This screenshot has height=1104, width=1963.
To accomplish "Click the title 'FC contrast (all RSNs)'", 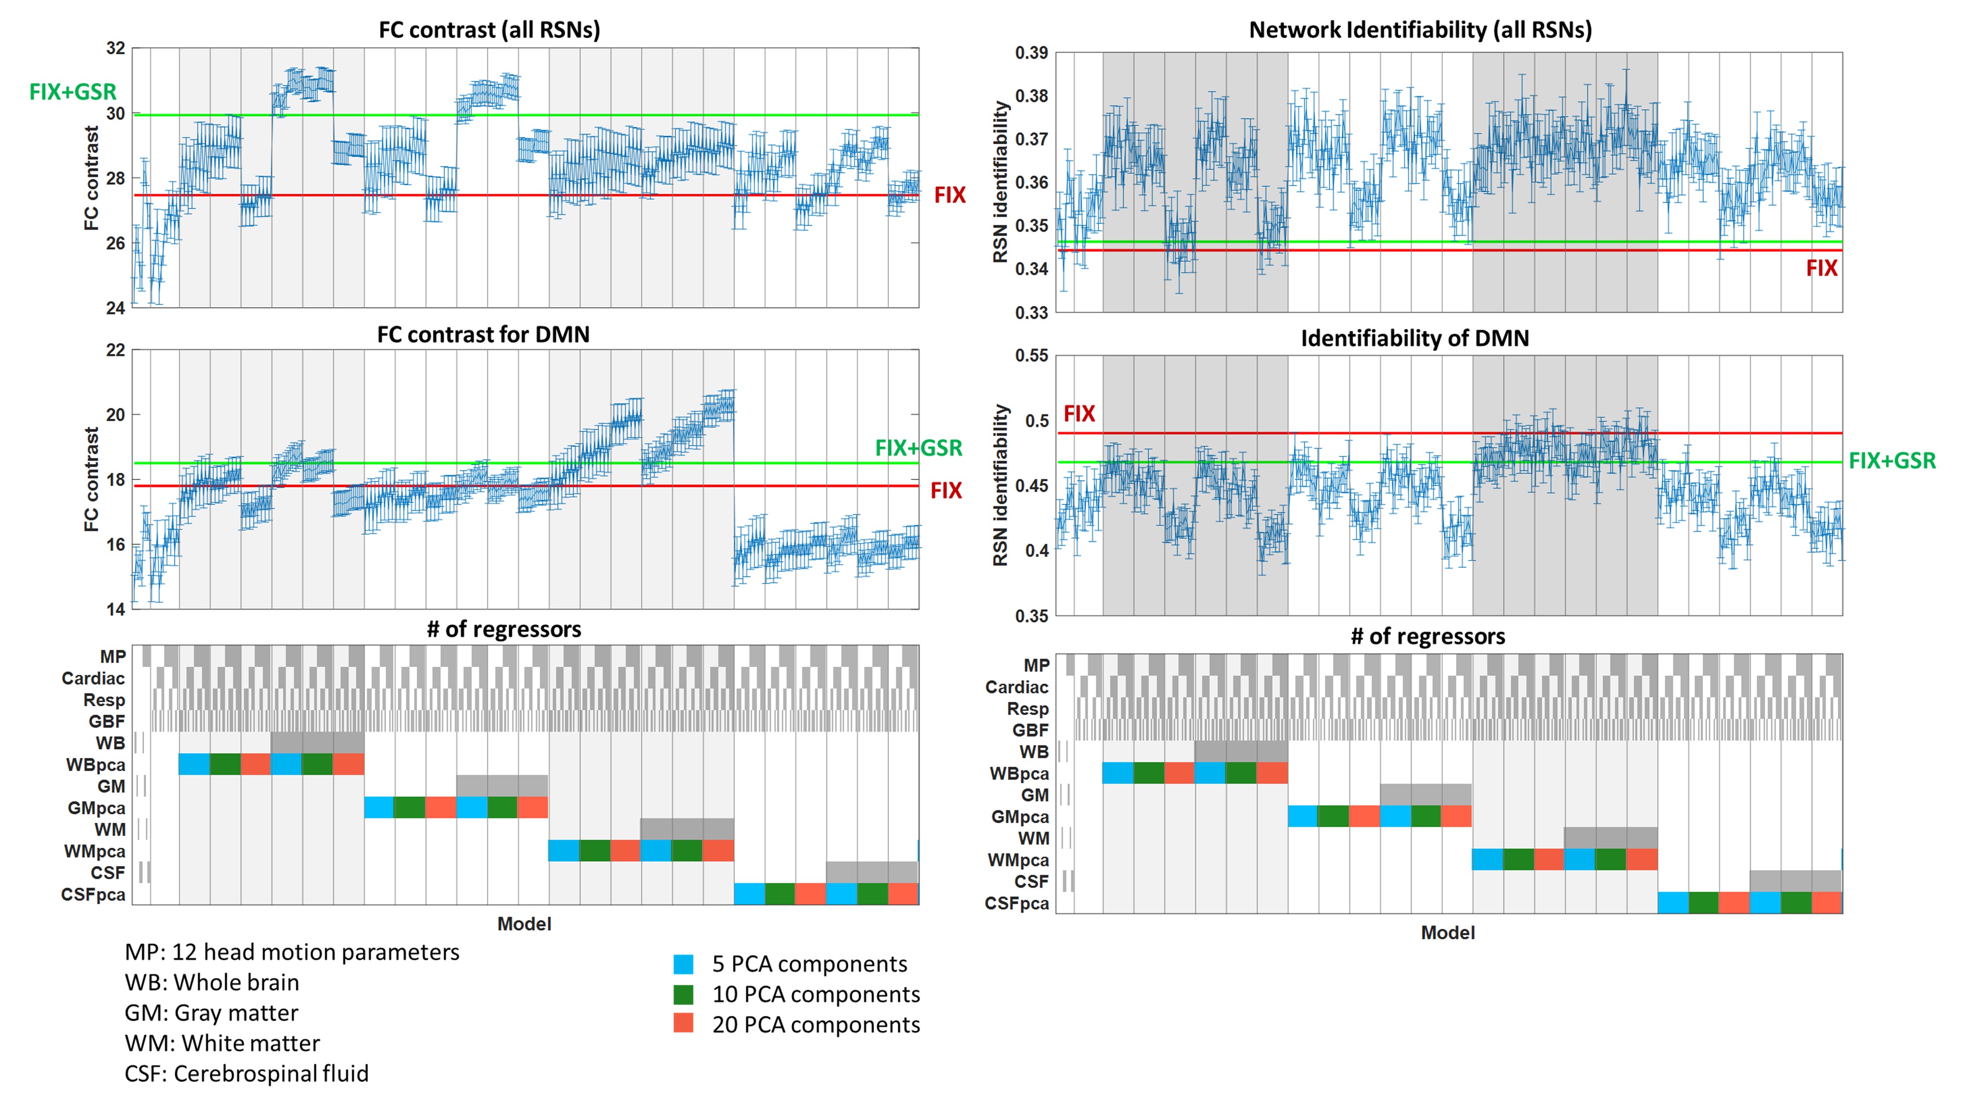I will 489,30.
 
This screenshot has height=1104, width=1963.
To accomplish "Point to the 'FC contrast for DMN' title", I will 483,334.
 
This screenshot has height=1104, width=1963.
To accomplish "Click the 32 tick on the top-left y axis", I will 115,48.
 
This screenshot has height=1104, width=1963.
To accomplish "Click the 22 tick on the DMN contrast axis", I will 115,350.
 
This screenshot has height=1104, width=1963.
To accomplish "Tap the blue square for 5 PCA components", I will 684,964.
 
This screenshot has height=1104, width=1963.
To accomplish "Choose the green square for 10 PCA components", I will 684,994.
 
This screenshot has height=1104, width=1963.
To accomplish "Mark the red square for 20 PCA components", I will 684,1023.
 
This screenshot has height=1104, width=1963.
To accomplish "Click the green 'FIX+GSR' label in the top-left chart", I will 72,92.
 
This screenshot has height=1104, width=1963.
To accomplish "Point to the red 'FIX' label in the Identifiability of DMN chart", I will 1079,414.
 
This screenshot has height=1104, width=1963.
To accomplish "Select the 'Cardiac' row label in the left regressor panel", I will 93,678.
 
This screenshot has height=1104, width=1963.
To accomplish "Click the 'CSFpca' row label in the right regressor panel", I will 1017,904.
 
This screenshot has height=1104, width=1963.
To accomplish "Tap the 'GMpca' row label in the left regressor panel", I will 96,807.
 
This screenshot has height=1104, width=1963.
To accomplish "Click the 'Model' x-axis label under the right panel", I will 1448,933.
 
